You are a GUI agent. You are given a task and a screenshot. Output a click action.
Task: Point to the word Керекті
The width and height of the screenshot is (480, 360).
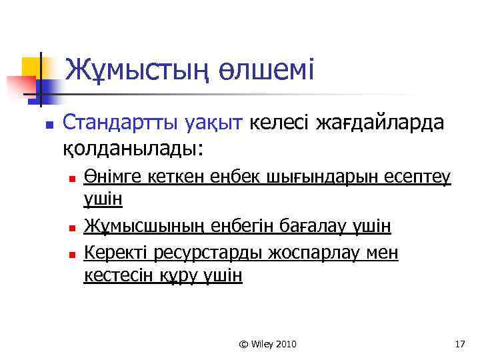coord(116,253)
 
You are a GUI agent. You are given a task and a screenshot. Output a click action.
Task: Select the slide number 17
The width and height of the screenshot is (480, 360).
coord(458,344)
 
